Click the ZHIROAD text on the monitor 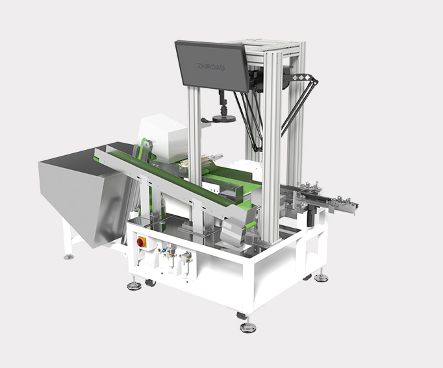[x=210, y=67]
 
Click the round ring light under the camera [x=223, y=119]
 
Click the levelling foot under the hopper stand [x=69, y=256]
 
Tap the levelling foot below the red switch [x=134, y=286]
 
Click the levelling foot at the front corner [x=247, y=327]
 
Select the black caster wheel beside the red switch [x=150, y=283]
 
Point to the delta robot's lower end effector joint [x=258, y=147]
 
